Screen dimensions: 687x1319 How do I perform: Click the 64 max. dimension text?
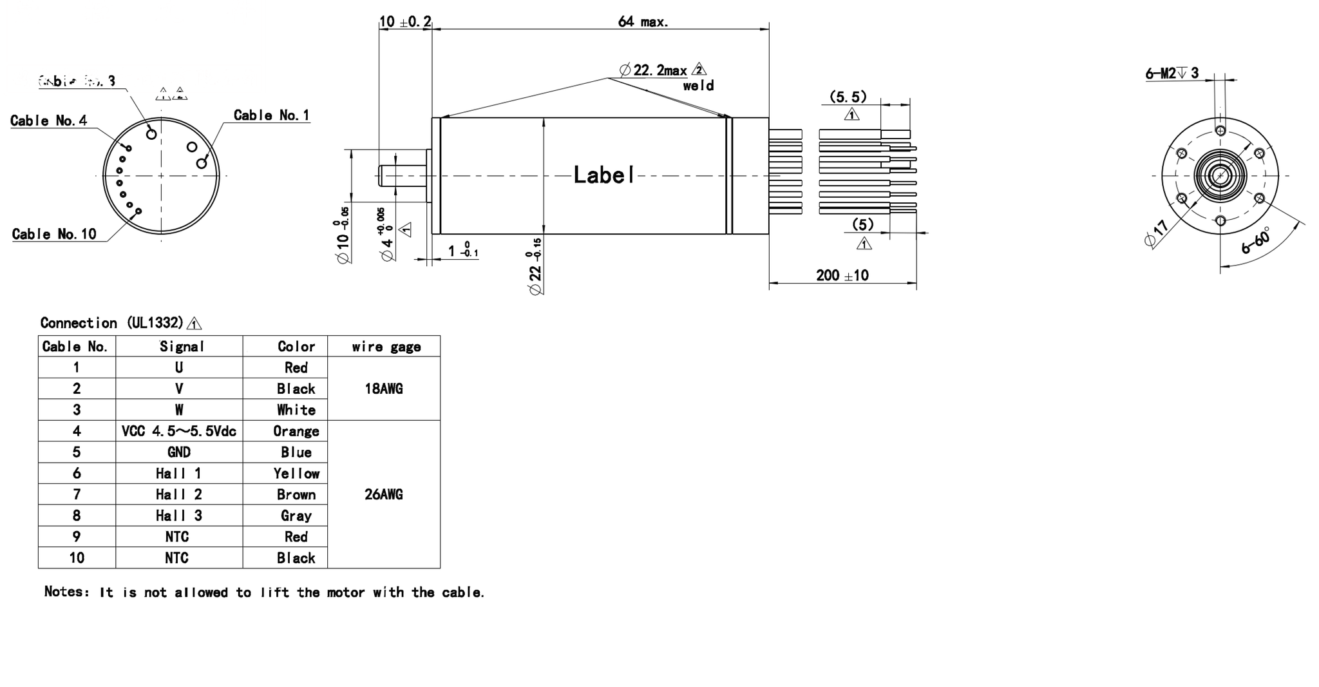(x=643, y=22)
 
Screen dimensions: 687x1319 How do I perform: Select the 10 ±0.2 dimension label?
(x=405, y=22)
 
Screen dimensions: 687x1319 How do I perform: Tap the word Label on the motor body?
(x=603, y=175)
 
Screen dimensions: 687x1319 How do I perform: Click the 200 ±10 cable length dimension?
(x=842, y=276)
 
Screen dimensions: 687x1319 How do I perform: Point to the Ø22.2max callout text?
(x=653, y=70)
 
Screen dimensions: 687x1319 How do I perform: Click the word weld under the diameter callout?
(x=698, y=86)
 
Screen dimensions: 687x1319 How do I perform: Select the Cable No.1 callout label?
(x=271, y=115)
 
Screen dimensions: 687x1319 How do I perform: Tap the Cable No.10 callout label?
(x=54, y=234)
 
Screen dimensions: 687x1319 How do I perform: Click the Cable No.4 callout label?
(x=48, y=121)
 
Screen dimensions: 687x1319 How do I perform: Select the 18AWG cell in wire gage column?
(x=383, y=389)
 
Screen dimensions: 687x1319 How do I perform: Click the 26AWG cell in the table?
(x=383, y=494)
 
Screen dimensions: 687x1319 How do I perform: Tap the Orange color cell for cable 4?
(x=296, y=431)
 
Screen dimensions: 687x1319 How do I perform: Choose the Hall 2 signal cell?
(x=178, y=494)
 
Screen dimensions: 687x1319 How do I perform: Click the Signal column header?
(x=182, y=347)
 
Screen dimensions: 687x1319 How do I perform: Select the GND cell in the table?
(x=178, y=452)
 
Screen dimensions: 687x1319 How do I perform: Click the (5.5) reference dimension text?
(x=848, y=97)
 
